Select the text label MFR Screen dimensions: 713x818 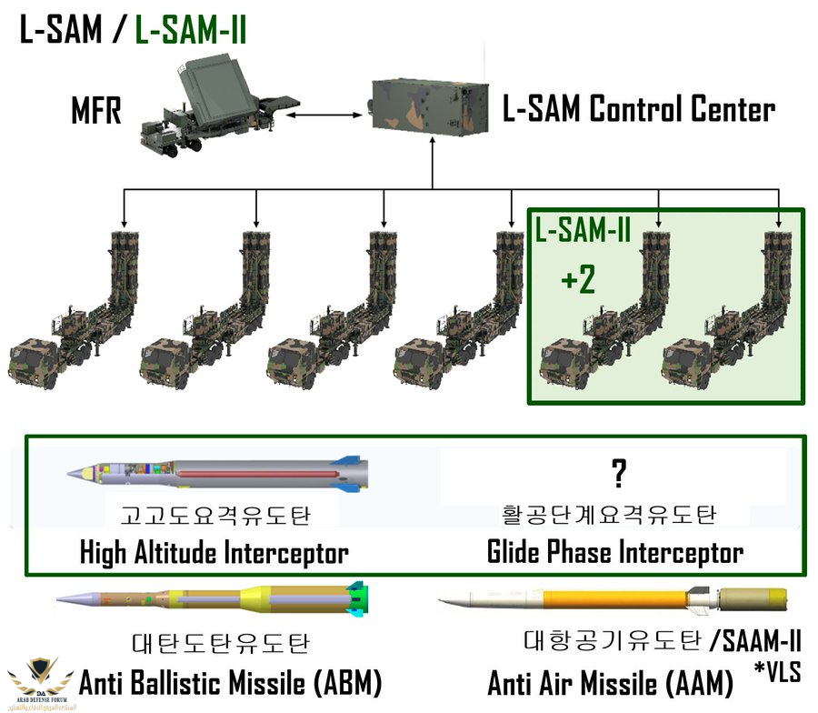click(96, 113)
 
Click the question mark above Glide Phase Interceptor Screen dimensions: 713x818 click(619, 472)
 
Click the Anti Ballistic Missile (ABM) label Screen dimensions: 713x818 click(230, 681)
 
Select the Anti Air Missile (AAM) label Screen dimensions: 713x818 click(611, 681)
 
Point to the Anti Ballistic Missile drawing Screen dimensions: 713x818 click(213, 598)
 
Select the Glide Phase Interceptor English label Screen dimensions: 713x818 click(615, 551)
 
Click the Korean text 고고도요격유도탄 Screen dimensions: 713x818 click(215, 516)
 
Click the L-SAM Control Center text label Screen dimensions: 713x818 click(639, 111)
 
